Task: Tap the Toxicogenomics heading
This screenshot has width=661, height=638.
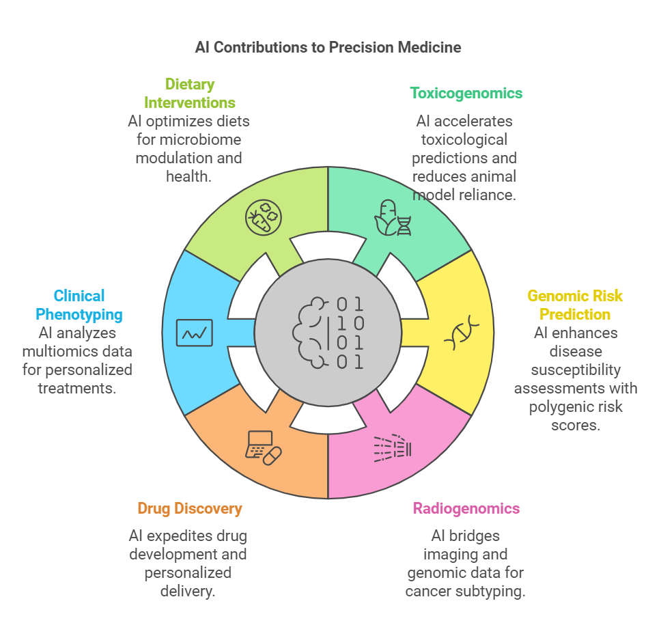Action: tap(466, 93)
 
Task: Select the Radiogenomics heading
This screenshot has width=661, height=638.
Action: tap(466, 508)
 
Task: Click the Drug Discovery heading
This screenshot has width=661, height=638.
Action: tap(189, 508)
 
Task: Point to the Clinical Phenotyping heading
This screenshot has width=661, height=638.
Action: tap(79, 305)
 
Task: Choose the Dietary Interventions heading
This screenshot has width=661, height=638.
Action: tap(189, 94)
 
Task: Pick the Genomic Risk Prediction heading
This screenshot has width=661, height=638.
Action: tap(575, 305)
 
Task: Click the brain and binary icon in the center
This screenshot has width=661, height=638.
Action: tap(328, 333)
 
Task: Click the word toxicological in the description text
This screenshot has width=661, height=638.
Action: tap(466, 139)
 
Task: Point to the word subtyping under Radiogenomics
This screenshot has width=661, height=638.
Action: tap(492, 591)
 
